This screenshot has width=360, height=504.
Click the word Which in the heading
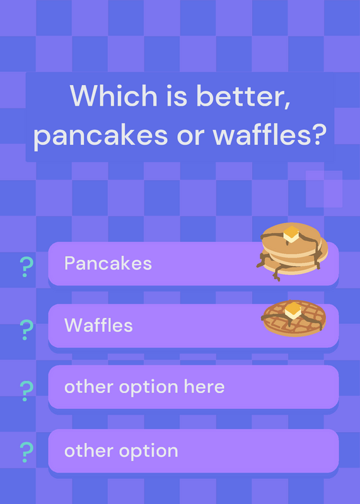pos(113,96)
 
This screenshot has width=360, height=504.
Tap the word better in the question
pos(243,96)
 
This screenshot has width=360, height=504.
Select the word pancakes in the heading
pos(100,135)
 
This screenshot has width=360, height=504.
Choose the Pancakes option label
pos(108,263)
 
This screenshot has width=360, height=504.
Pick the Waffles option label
pos(98,325)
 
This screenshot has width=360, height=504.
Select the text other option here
pos(144,387)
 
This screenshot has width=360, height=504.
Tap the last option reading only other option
pos(121,450)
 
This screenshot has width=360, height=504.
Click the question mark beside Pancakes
pos(26,267)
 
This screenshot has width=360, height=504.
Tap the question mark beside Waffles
pos(26,329)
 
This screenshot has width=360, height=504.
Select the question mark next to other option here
pos(26,391)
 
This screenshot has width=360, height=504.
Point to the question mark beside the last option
pos(26,452)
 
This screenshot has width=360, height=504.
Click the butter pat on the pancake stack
pos(291,234)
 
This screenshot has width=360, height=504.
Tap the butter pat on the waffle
pos(293,311)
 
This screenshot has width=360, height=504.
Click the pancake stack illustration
pos(292,251)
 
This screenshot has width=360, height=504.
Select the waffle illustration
pos(294,318)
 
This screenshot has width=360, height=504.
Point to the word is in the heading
pos(177,96)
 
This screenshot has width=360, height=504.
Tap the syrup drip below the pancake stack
pos(276,273)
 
